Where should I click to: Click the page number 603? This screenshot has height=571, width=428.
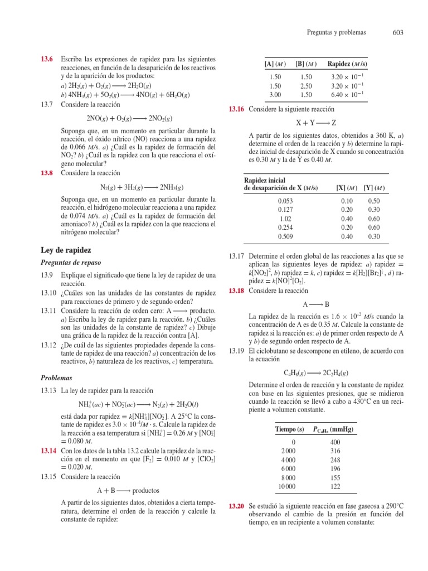click(397, 33)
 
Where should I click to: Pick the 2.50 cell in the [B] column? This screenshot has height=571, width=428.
click(306, 85)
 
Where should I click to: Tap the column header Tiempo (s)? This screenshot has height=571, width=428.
click(290, 430)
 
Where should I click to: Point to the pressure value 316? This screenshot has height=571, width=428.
click(334, 450)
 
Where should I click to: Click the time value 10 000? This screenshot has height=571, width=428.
click(288, 486)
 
